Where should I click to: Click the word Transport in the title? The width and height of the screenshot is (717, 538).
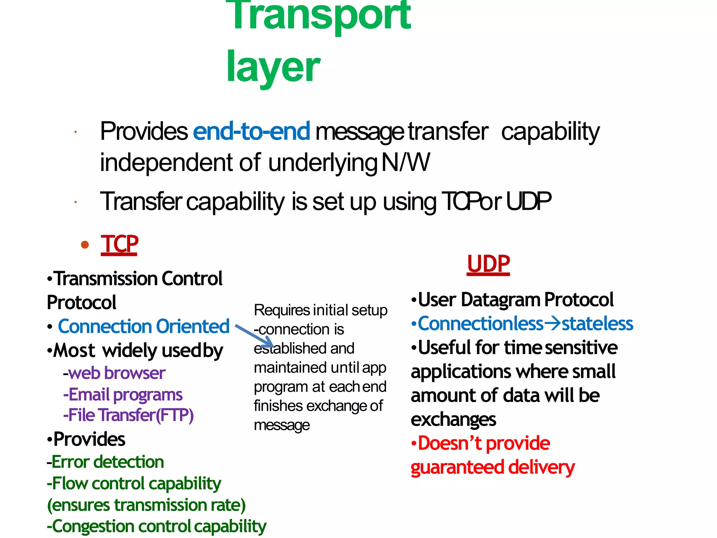[x=318, y=16]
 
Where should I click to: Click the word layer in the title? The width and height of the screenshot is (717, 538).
[x=273, y=67]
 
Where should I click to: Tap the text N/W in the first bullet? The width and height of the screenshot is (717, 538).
[x=405, y=163]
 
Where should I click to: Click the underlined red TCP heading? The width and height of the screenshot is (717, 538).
[x=119, y=244]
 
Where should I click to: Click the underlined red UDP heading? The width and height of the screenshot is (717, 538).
[x=488, y=264]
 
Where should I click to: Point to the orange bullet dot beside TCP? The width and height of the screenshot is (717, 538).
[x=85, y=244]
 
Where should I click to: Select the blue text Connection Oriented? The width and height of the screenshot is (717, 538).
[x=144, y=326]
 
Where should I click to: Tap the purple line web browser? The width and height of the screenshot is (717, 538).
[x=114, y=373]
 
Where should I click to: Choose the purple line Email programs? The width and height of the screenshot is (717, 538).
[x=123, y=394]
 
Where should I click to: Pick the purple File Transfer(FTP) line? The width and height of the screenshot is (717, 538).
[x=128, y=415]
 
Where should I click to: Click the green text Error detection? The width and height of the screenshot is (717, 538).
[x=106, y=462]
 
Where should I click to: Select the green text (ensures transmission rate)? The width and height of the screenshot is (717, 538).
[x=146, y=505]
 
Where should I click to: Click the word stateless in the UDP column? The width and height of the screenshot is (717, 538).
[x=597, y=323]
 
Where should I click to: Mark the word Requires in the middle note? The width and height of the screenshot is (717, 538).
[x=282, y=310]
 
